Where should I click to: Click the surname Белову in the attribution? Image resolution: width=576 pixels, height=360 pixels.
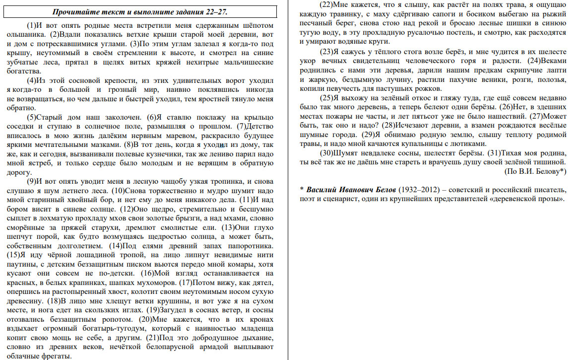coord(543,171)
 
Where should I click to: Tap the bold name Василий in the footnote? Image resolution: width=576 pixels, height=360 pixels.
coord(323,190)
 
